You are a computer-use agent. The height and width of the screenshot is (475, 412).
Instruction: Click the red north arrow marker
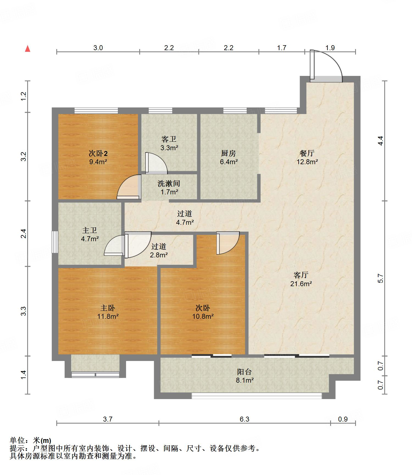[27, 49]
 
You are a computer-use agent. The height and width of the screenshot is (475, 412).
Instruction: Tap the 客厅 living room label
[301, 279]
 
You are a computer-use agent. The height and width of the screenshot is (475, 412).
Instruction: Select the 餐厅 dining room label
[307, 157]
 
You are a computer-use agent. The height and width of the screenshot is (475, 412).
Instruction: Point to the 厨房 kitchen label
[229, 157]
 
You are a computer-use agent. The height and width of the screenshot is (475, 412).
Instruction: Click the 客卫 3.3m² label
[169, 143]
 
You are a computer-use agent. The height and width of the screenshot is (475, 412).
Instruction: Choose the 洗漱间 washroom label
[169, 187]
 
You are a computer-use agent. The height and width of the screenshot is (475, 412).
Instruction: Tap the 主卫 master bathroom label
[90, 235]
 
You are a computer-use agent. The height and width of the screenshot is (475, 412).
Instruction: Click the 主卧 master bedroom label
[108, 312]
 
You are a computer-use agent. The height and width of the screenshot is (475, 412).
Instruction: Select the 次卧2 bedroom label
[98, 157]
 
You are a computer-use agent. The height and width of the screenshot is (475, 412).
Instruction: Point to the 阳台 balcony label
[244, 376]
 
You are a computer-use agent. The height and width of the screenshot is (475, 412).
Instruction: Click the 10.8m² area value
[203, 316]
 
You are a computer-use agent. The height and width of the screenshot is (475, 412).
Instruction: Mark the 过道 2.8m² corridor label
[159, 251]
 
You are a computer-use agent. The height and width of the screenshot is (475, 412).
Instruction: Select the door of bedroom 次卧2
[129, 187]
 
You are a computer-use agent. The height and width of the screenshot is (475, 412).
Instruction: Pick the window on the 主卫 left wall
[55, 242]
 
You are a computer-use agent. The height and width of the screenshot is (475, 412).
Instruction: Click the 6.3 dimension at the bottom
[244, 419]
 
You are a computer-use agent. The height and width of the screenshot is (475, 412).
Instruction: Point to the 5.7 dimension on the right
[380, 278]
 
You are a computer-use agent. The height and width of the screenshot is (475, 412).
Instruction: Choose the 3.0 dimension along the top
[98, 48]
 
